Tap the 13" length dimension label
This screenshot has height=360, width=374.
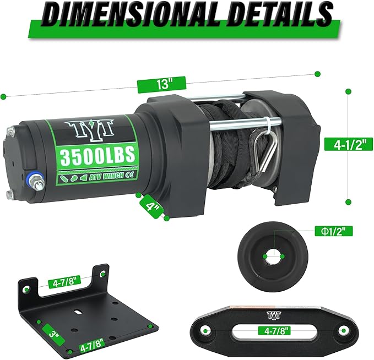coord(161,84)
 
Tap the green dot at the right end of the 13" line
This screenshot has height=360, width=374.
coord(317,73)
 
